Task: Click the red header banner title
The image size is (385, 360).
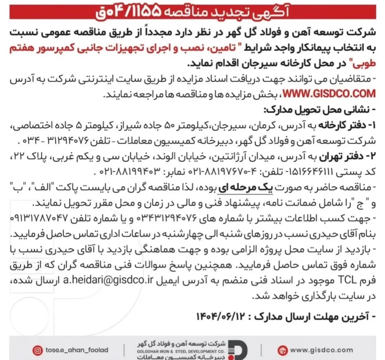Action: click(x=192, y=12)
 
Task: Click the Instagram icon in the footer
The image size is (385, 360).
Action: click(x=38, y=350)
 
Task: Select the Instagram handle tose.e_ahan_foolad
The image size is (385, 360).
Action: click(x=77, y=350)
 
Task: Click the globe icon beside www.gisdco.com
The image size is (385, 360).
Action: click(x=282, y=350)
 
